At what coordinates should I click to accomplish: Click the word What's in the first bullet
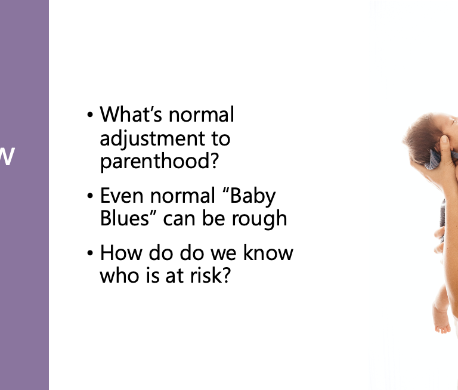[x=131, y=114]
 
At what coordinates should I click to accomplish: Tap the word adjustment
[x=153, y=139]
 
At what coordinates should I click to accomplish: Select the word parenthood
[x=155, y=161]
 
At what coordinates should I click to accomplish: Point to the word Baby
[x=253, y=196]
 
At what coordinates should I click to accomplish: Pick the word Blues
[x=125, y=218]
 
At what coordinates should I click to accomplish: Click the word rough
[x=259, y=219]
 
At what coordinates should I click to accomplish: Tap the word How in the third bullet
[x=121, y=253]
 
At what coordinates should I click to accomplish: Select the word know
[x=268, y=252]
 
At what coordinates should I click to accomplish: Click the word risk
[x=207, y=275]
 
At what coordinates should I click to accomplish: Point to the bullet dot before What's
[x=90, y=115]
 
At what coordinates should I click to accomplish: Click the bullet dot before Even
[x=90, y=196]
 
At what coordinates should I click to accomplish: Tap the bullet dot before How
[x=90, y=253]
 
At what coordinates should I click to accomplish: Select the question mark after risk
[x=227, y=274]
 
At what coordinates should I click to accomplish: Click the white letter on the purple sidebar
[x=7, y=156]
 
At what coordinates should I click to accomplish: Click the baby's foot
[x=442, y=324]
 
